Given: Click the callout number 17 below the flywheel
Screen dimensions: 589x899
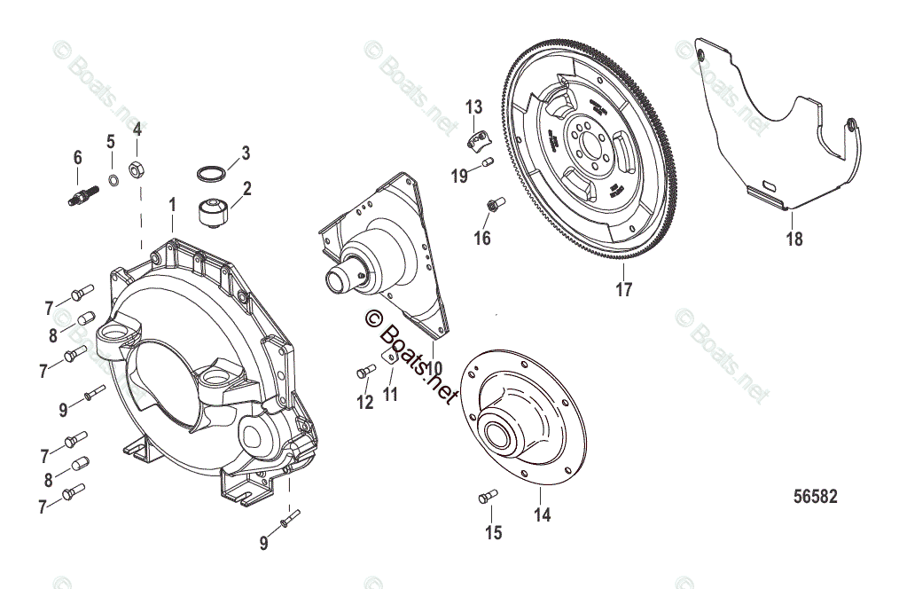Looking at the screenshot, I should tap(624, 289).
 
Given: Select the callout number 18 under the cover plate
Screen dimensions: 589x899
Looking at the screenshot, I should tap(794, 239).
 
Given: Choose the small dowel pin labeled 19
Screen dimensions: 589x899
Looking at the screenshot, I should tap(487, 161).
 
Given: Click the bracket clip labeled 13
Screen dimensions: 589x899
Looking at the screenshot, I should tap(479, 137).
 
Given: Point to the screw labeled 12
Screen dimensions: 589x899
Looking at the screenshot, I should tap(364, 372).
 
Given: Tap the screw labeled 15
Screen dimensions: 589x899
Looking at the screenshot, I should tap(487, 497).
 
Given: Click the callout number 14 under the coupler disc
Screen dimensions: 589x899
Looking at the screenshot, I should tap(542, 514).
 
